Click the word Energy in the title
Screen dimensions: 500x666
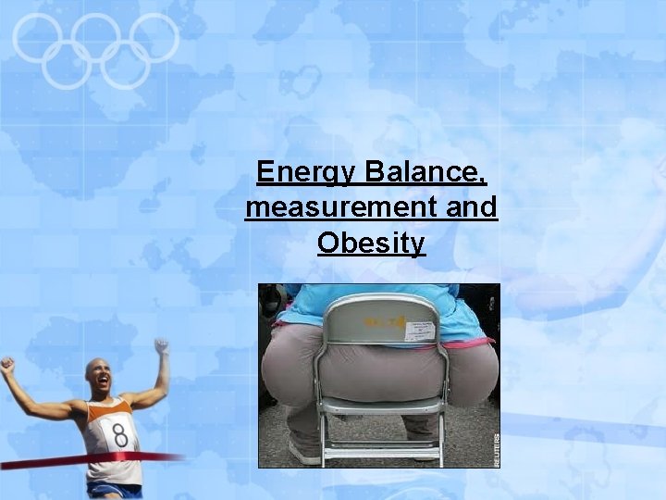[306, 173]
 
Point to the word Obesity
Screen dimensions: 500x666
[371, 243]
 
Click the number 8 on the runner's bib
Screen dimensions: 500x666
[119, 433]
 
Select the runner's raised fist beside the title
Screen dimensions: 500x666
[162, 347]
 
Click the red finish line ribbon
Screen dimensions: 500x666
[55, 460]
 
